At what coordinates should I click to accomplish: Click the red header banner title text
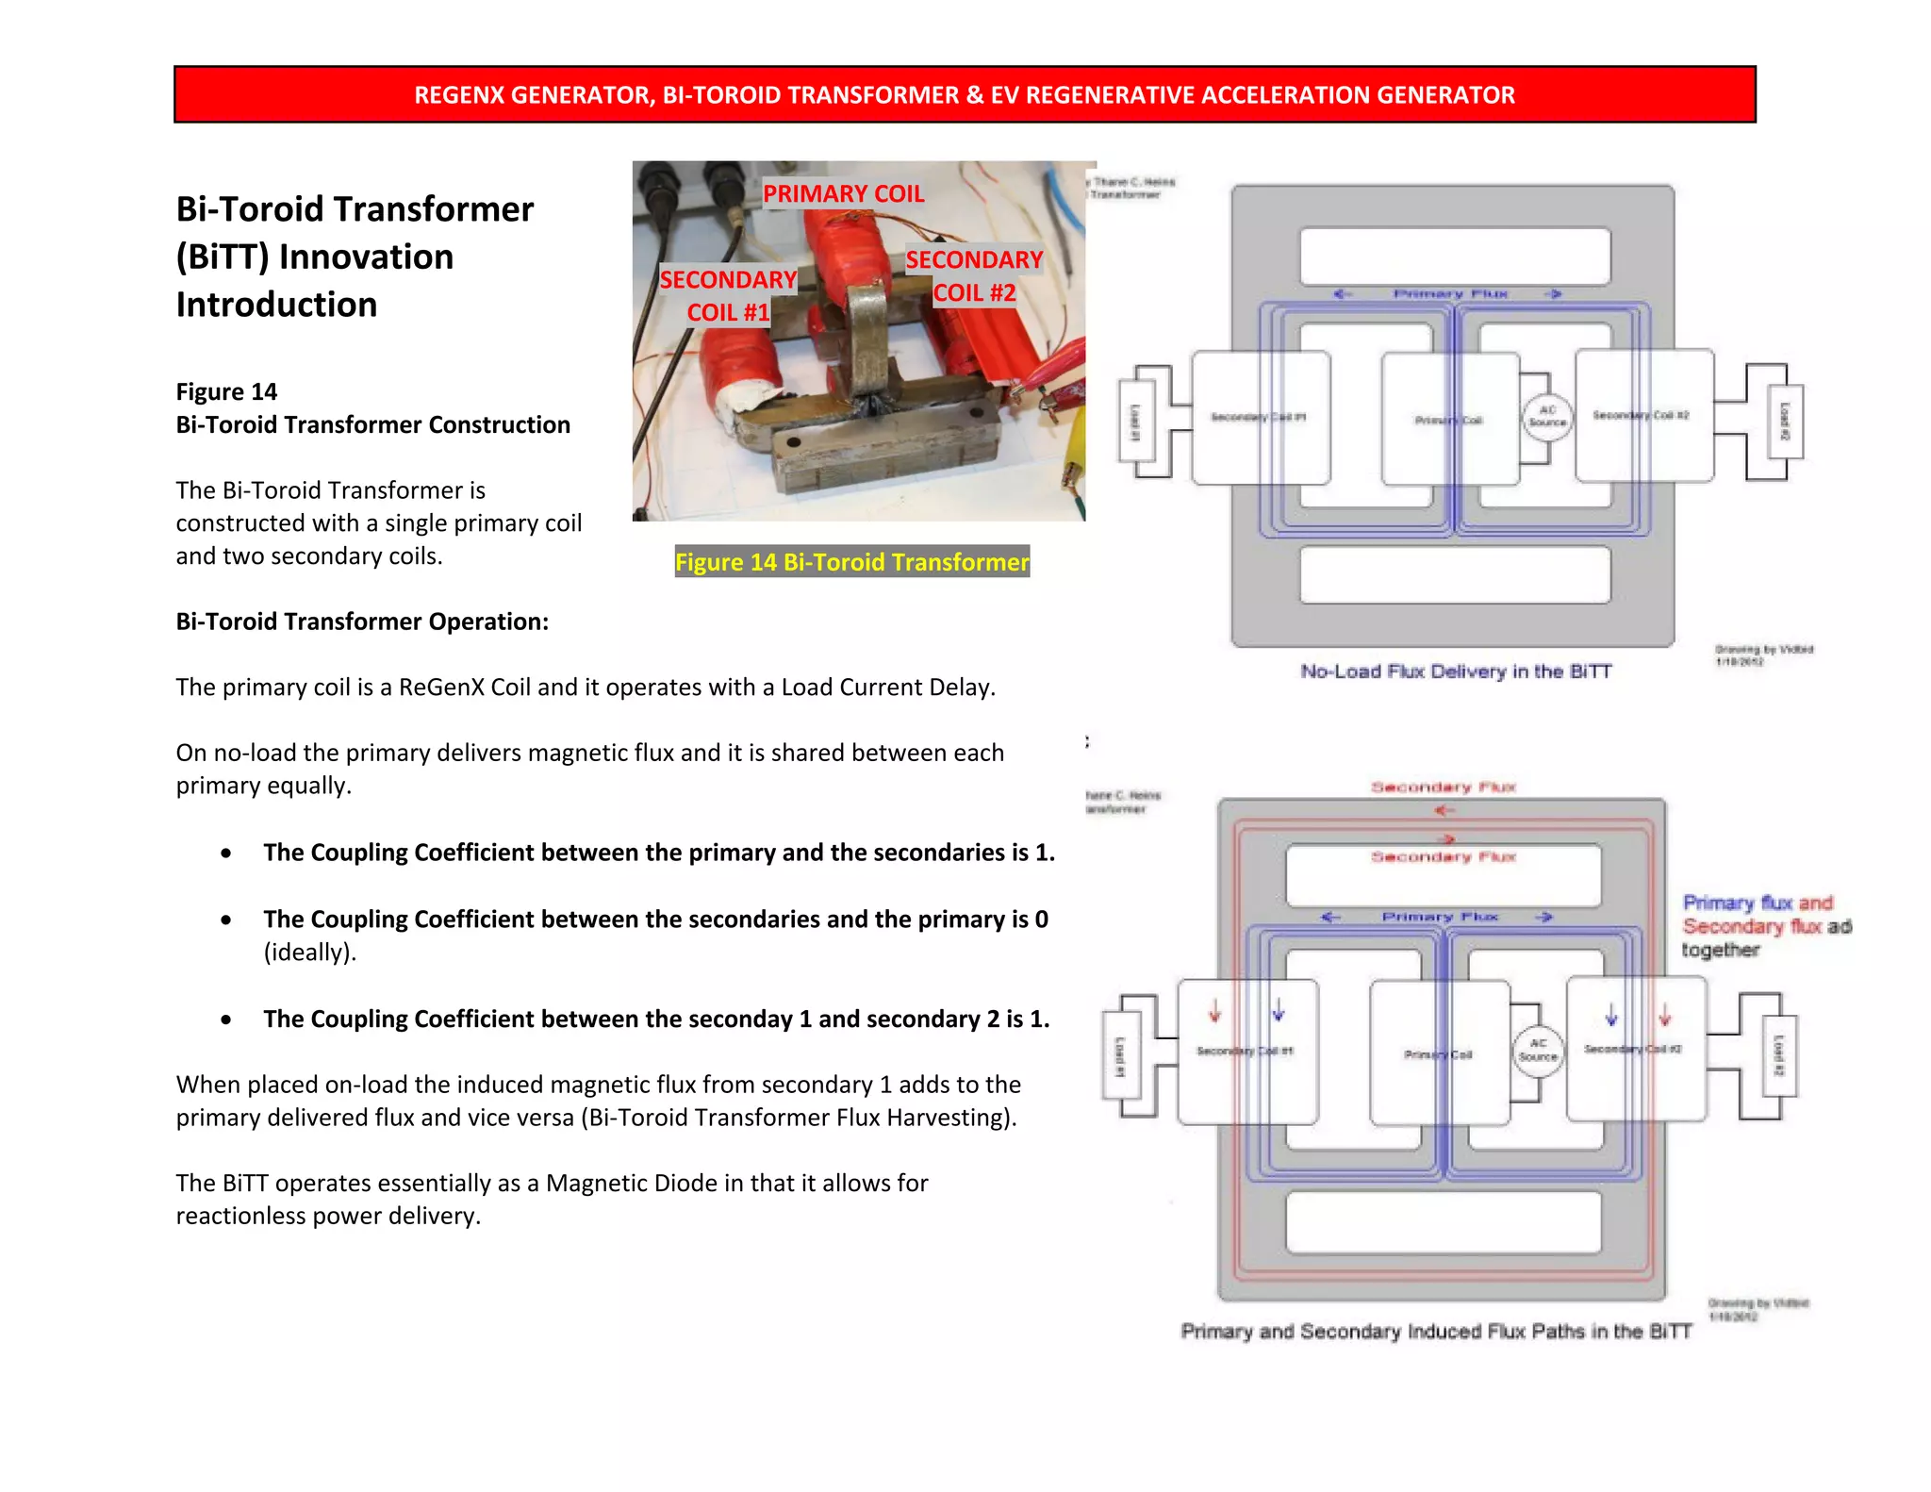coord(964,95)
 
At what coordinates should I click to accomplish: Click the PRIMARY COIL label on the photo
coord(843,193)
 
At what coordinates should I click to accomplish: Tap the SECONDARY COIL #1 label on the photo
coord(728,295)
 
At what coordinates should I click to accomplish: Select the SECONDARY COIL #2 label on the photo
coord(974,275)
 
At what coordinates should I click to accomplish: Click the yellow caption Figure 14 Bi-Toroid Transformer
coord(851,562)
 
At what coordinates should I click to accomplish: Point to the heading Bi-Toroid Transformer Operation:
coord(362,622)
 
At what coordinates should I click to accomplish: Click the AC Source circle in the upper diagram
coord(1547,416)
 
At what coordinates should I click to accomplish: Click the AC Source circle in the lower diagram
coord(1538,1050)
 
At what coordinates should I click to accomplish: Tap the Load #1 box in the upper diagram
coord(1135,422)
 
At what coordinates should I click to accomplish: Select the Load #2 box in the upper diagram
coord(1784,422)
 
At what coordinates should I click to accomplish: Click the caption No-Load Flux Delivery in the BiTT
coord(1456,671)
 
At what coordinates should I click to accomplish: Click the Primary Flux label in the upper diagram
coord(1450,294)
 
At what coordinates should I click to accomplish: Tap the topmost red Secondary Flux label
coord(1443,787)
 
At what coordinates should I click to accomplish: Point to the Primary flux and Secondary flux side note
coord(1765,926)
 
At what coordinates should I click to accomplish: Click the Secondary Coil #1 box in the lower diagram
coord(1246,1052)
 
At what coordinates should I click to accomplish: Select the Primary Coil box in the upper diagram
coord(1449,418)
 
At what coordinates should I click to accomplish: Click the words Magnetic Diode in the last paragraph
coord(631,1183)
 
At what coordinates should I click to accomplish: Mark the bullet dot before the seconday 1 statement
coord(226,1020)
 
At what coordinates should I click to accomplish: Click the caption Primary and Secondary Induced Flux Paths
coord(1435,1331)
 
